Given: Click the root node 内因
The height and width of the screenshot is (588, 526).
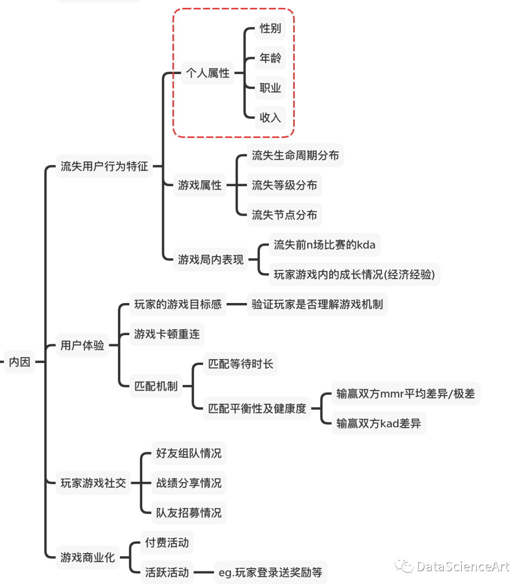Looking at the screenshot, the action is [19, 361].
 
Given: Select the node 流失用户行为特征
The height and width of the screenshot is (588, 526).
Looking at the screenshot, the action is [104, 166].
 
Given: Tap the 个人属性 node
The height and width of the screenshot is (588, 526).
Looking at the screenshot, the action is [208, 73].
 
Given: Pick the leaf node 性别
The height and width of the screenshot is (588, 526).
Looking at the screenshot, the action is [270, 28].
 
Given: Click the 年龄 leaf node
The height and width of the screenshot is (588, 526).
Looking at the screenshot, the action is [270, 58].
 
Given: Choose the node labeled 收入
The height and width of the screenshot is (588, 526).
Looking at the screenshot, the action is [270, 117].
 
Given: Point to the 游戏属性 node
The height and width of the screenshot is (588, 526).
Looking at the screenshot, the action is [200, 185].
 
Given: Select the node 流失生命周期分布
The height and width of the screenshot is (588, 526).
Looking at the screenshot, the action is [295, 155].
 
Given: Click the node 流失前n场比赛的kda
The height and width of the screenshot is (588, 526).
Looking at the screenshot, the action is [325, 245].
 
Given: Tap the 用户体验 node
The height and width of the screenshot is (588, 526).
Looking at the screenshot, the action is [82, 345].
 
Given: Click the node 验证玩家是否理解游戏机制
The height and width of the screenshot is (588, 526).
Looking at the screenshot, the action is [318, 304].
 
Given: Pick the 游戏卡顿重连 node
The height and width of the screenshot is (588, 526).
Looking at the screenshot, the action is [167, 334].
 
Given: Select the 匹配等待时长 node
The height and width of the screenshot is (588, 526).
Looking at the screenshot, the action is [241, 363].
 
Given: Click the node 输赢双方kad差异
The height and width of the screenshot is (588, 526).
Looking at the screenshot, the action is [378, 423].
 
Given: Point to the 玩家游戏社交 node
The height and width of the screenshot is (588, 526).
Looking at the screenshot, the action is [93, 483].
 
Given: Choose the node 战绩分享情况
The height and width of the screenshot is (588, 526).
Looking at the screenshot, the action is [188, 483].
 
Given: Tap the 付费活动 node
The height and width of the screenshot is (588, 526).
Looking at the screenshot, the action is [167, 542].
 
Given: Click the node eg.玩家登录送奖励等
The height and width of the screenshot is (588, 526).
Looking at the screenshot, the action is [270, 572].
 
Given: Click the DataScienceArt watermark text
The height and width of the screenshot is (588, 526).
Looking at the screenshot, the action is [463, 566].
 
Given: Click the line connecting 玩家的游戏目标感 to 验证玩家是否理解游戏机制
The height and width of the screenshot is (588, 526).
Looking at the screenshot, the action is [236, 304].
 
